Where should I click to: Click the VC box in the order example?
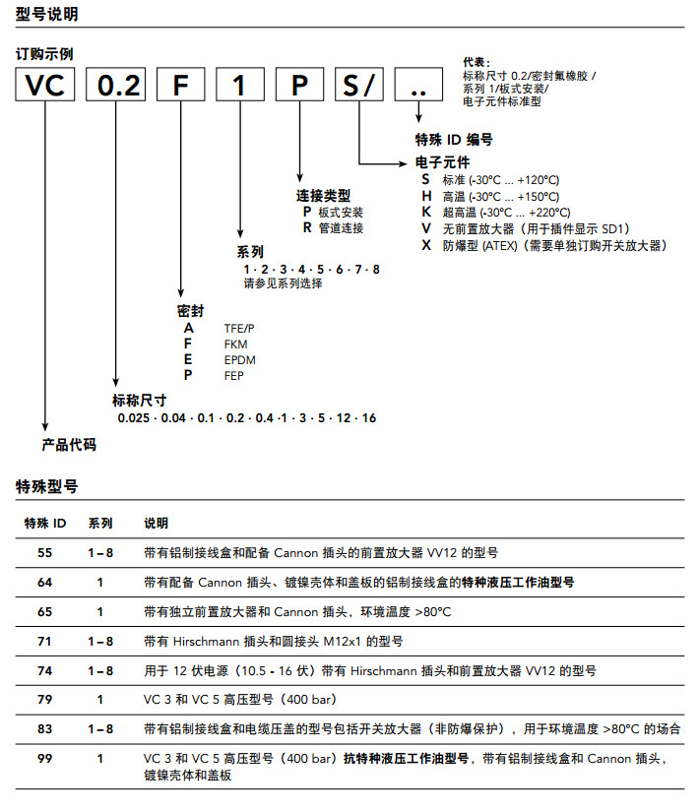tap(45, 86)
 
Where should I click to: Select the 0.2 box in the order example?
tap(120, 86)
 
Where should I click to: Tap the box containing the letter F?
tap(181, 86)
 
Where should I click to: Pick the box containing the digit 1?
tap(238, 86)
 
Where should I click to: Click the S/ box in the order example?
tap(360, 86)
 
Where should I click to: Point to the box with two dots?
tap(418, 86)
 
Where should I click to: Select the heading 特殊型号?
tap(46, 486)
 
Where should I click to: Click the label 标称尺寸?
tap(140, 401)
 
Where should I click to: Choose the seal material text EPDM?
tap(240, 360)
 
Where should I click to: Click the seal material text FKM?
tap(236, 344)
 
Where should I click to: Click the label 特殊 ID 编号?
tap(454, 139)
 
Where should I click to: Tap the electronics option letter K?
tap(426, 212)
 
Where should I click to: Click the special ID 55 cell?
tap(45, 553)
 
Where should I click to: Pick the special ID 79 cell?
tap(45, 699)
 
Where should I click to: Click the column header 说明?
tap(157, 523)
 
